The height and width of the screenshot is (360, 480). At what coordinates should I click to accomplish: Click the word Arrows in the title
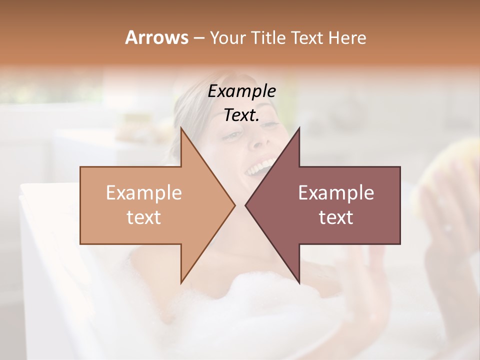156,37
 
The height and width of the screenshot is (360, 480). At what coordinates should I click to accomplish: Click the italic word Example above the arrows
241,91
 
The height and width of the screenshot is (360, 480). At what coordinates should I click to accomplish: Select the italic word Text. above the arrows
241,115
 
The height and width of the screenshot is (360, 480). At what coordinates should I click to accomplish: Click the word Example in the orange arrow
144,193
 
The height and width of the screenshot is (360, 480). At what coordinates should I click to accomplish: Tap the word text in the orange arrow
144,217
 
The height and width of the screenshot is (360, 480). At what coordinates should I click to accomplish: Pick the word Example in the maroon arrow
336,193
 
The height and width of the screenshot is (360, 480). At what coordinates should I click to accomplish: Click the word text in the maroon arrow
336,217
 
